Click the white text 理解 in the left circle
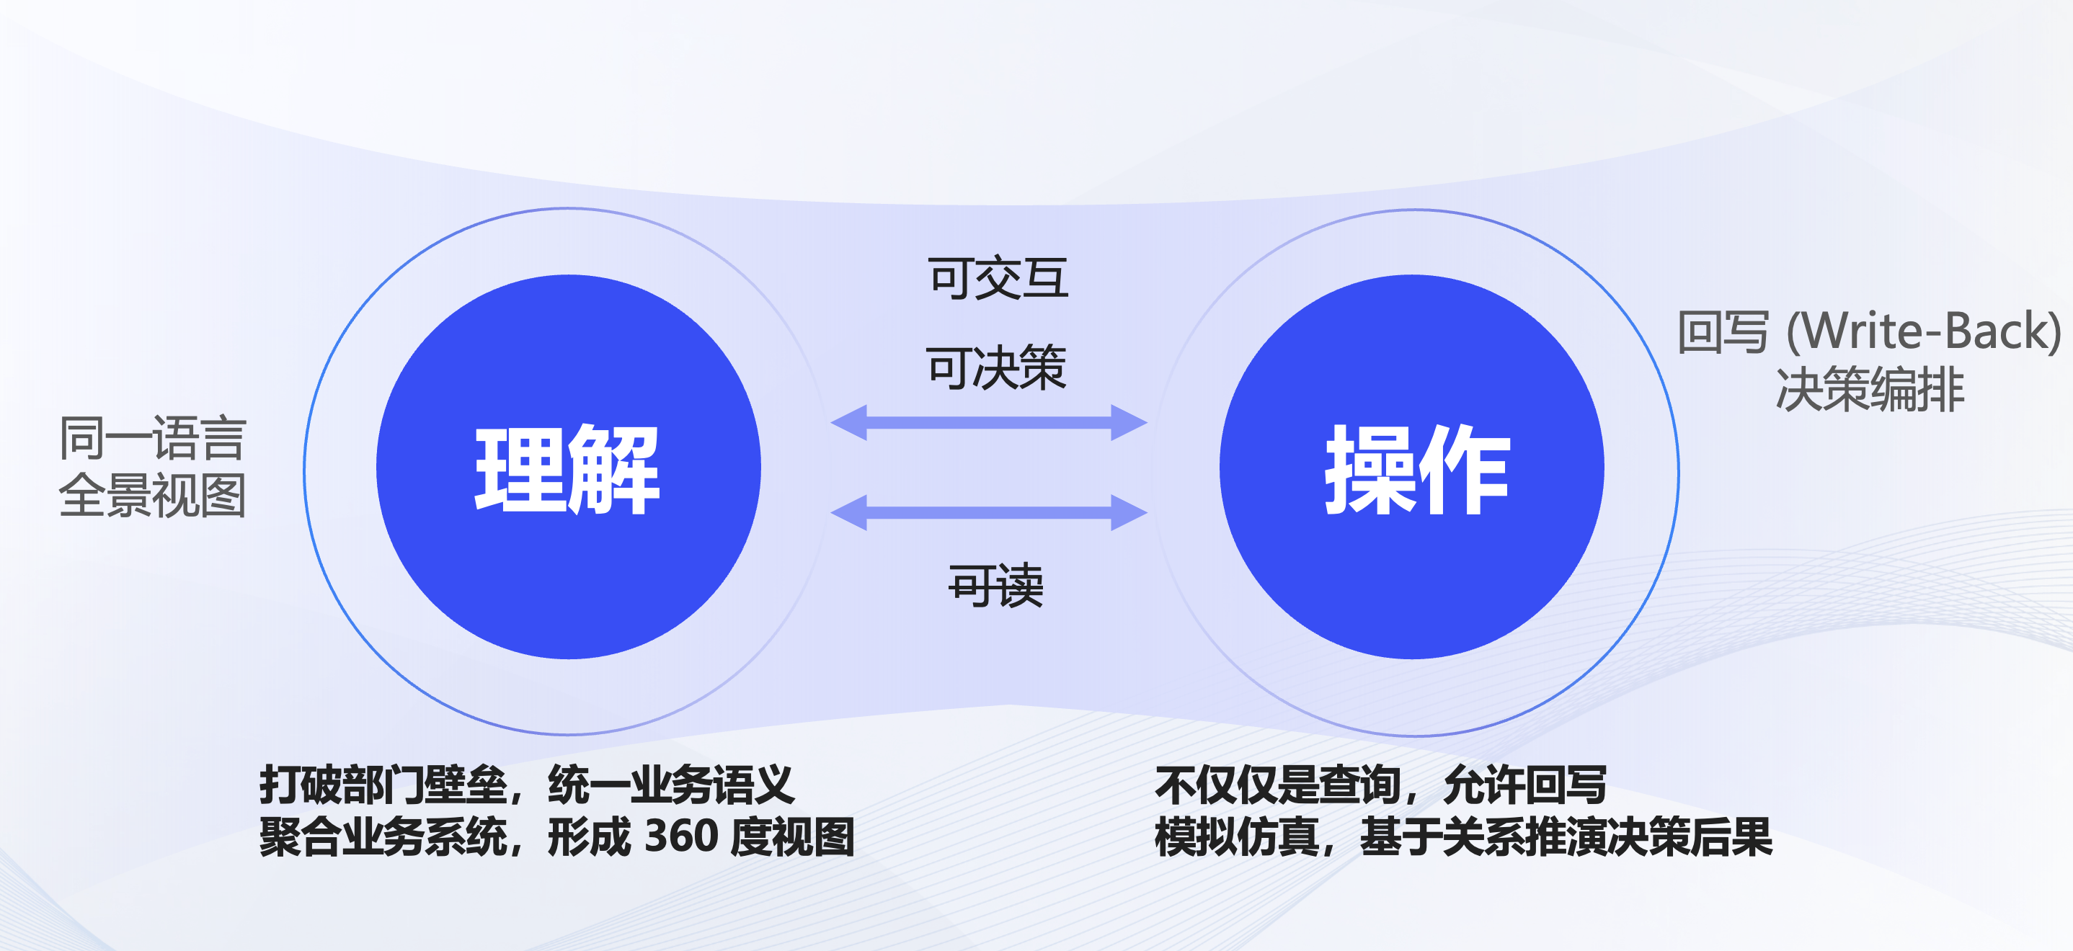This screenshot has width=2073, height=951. (x=567, y=470)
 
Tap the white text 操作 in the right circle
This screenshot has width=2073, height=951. (x=1417, y=470)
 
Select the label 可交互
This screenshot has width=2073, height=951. (x=998, y=278)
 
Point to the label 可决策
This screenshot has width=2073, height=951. (x=996, y=368)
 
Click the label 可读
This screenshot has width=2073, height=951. (x=996, y=585)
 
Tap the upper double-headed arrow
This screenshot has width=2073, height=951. (x=989, y=422)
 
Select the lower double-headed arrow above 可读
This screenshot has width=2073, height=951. (x=989, y=512)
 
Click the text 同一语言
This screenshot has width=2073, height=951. (x=153, y=439)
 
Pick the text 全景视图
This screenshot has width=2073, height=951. (x=153, y=495)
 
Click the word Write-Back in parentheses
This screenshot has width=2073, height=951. (x=1924, y=331)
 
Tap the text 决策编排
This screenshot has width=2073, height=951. (x=1870, y=390)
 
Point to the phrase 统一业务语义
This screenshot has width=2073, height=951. (x=671, y=785)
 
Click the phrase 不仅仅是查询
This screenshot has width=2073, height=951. (x=1279, y=785)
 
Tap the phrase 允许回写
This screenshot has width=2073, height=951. (x=1526, y=785)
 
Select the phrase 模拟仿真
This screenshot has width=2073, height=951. (x=1237, y=836)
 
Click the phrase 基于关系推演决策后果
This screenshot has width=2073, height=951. (x=1566, y=836)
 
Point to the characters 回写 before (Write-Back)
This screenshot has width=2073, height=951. (x=1723, y=331)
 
